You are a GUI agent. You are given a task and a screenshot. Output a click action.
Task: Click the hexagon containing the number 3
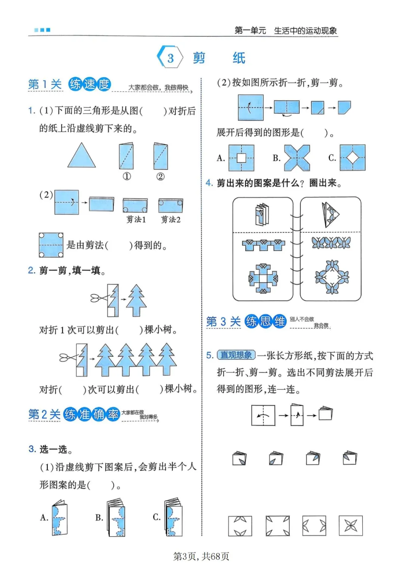[170, 57]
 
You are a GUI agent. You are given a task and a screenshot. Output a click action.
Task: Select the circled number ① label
[127, 177]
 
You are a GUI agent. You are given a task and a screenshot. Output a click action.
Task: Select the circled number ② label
[160, 177]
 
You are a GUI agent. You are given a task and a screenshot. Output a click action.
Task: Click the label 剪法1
[136, 219]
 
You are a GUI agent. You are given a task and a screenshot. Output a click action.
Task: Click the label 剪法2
[171, 219]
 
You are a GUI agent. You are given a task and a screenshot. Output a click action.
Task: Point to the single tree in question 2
[136, 300]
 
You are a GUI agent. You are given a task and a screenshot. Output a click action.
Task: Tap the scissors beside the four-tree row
[68, 358]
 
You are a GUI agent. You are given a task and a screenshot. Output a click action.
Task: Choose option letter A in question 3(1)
[44, 517]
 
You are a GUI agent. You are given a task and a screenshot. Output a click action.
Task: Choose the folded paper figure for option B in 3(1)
[116, 518]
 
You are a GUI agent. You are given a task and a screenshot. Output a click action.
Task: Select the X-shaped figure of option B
[297, 158]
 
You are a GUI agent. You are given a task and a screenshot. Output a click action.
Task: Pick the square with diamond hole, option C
[352, 158]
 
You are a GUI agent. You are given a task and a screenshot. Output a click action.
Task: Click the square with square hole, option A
[241, 158]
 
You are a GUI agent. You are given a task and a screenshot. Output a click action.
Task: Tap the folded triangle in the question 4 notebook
[330, 215]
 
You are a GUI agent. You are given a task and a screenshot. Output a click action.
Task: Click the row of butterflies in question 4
[331, 243]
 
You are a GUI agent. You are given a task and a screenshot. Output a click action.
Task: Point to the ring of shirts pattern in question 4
[263, 278]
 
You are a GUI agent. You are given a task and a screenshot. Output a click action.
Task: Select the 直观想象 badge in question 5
[236, 355]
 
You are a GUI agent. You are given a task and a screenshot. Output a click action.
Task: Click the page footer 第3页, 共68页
[201, 557]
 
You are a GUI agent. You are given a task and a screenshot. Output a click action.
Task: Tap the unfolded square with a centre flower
[350, 526]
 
